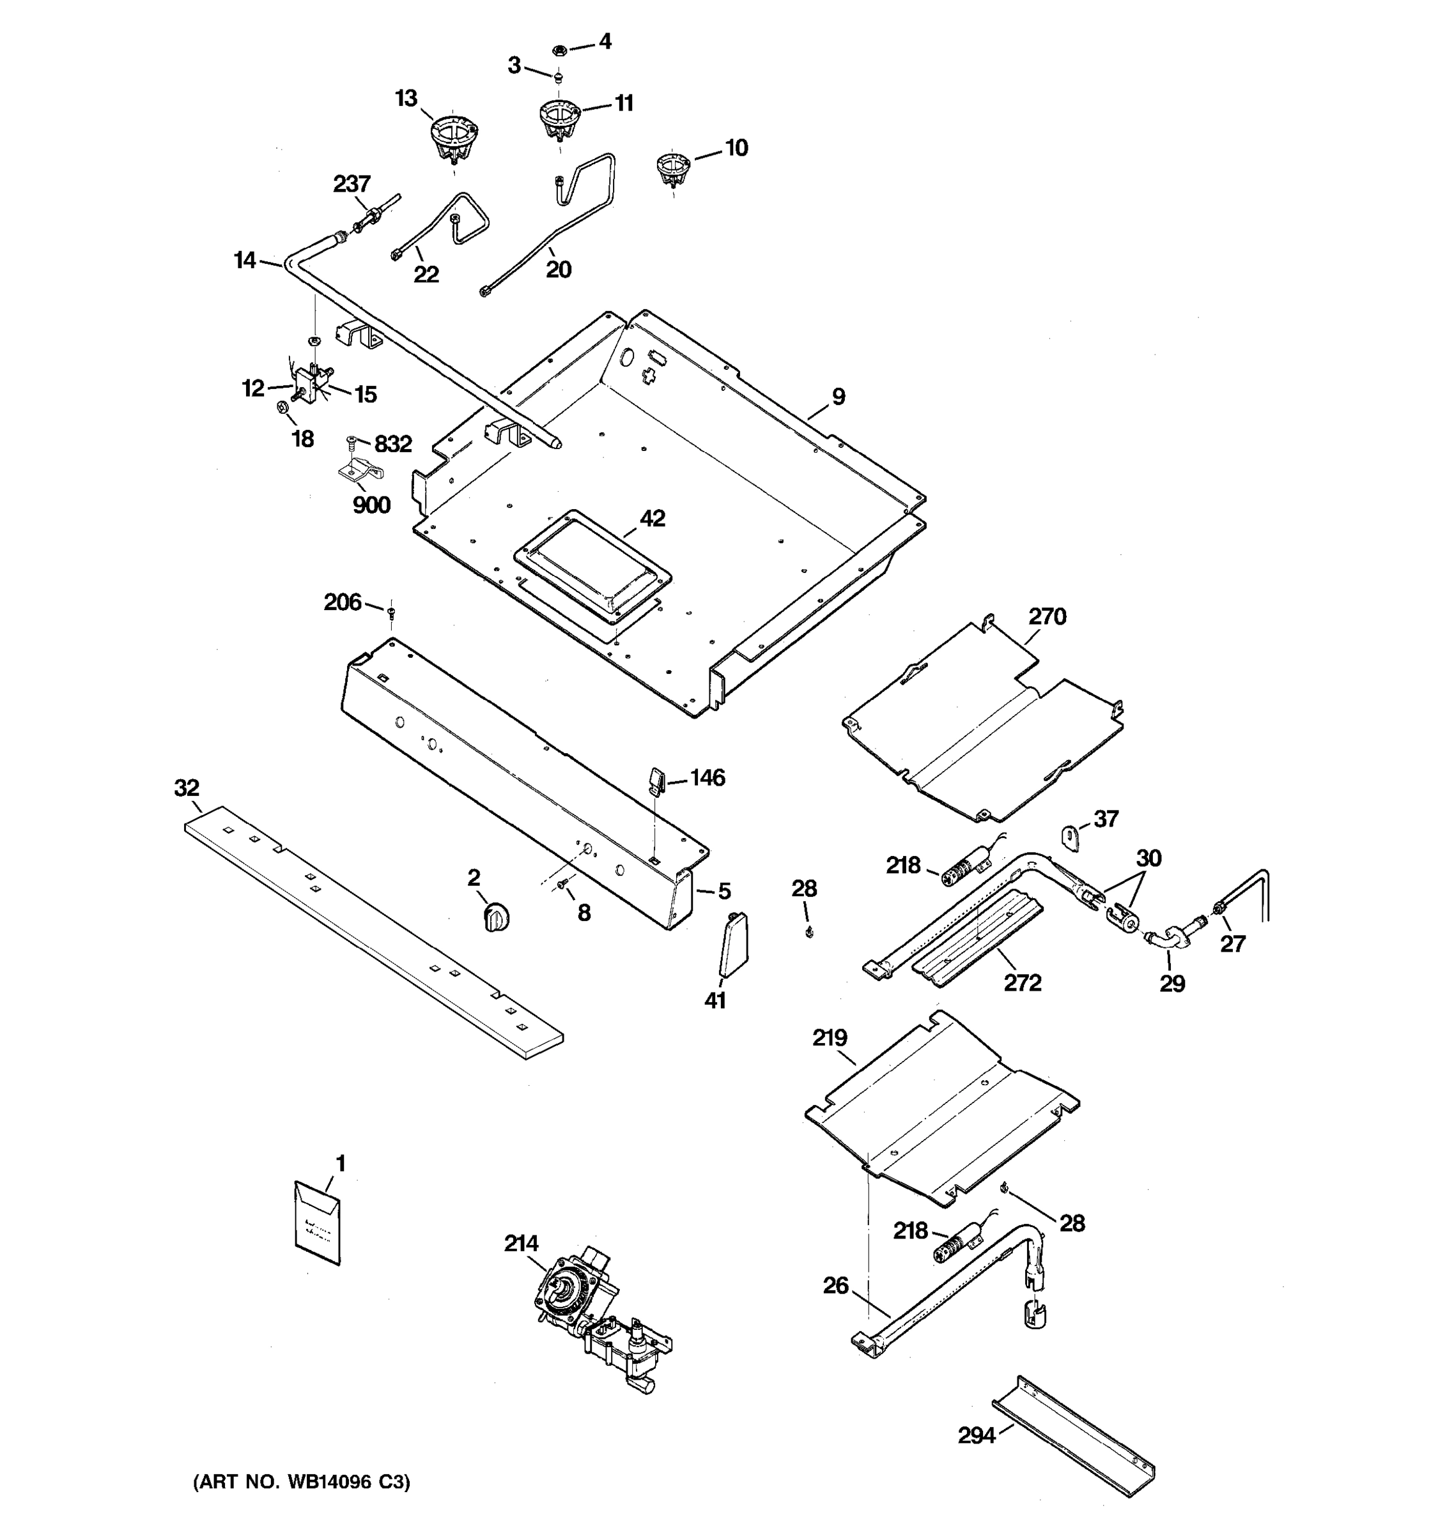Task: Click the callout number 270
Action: click(x=1047, y=617)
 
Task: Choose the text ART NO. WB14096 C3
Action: click(x=302, y=1482)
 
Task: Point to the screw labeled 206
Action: click(x=391, y=613)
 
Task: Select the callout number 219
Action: click(x=830, y=1037)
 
